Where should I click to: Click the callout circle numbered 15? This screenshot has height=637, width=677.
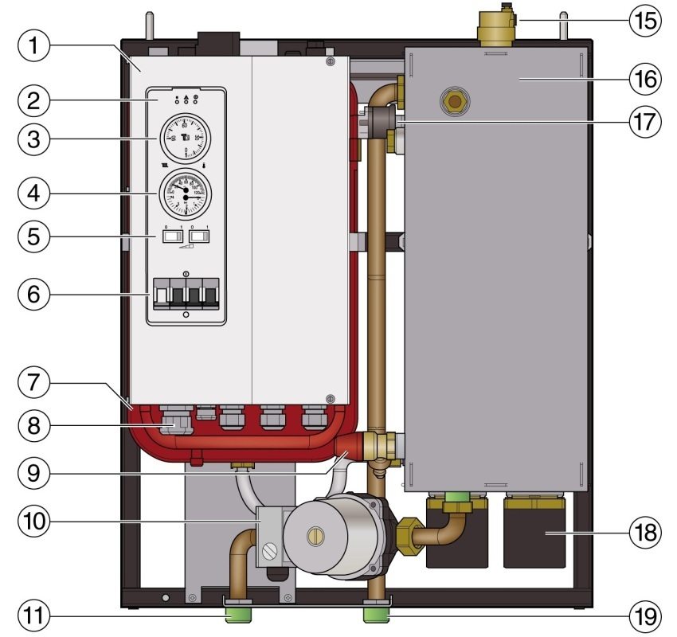(644, 20)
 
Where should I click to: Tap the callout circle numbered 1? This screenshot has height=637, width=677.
(33, 46)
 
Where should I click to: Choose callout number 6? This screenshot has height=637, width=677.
(33, 293)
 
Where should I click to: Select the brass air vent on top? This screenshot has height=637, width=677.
(494, 26)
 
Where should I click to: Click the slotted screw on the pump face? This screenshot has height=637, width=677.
(317, 536)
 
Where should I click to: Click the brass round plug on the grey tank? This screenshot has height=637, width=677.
(456, 102)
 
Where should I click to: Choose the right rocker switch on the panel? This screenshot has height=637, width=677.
(200, 237)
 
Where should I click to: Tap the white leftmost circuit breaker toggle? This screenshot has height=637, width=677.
(161, 296)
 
